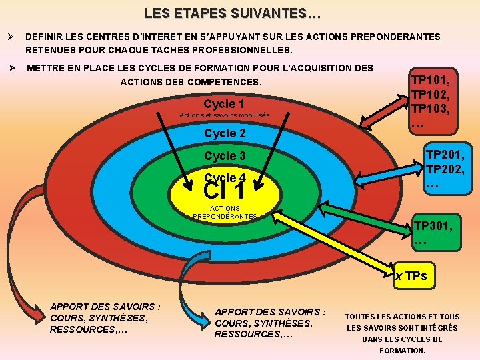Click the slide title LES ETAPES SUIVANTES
click(233, 13)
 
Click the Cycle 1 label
click(224, 104)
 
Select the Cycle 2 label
click(225, 133)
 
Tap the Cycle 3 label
click(225, 156)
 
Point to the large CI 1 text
click(224, 191)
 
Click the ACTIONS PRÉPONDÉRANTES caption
click(225, 213)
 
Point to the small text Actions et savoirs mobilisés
click(225, 116)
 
